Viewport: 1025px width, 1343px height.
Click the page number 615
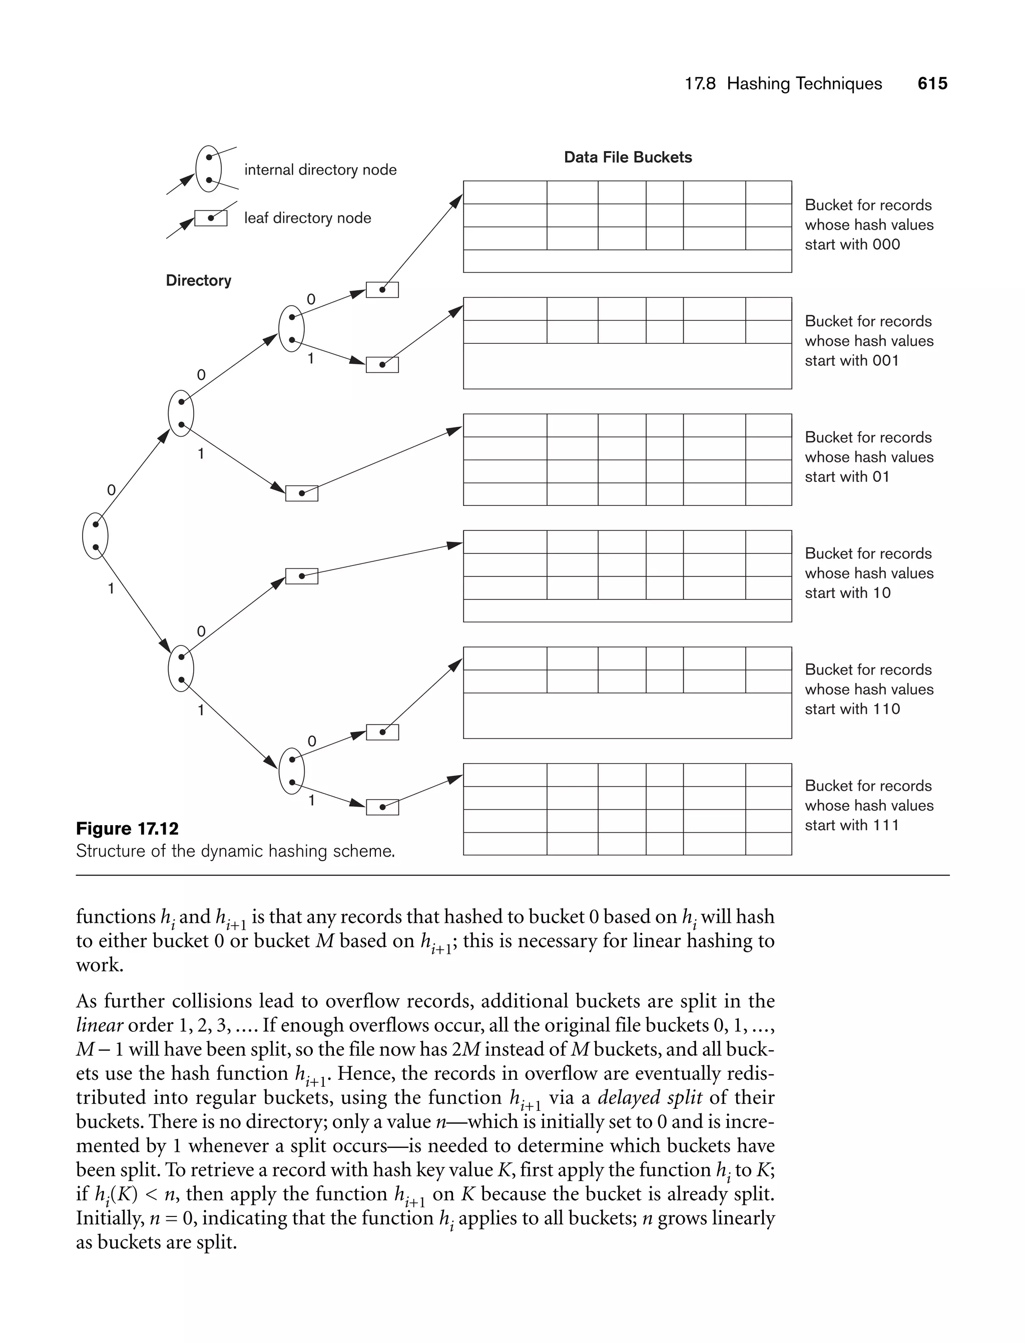click(931, 84)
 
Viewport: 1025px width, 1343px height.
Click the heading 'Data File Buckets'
click(627, 157)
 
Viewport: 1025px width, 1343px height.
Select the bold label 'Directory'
click(198, 281)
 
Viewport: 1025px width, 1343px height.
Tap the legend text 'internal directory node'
click(320, 170)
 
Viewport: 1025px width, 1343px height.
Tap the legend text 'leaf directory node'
click(307, 218)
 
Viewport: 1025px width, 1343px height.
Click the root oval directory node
click(95, 536)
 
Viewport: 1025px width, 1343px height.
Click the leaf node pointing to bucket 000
click(382, 290)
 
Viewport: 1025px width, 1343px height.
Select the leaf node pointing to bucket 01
click(301, 493)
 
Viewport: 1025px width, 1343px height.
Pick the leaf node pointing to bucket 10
click(301, 576)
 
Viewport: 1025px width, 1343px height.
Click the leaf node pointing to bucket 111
click(382, 807)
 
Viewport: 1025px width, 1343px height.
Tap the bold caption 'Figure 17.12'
click(127, 828)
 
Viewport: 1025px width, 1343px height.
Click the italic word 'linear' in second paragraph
click(100, 1025)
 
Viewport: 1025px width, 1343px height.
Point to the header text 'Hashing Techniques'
click(804, 84)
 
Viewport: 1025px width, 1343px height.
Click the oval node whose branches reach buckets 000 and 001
click(292, 329)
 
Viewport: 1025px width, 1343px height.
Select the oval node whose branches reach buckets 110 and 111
click(292, 771)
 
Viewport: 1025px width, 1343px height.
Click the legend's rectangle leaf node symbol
click(211, 218)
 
